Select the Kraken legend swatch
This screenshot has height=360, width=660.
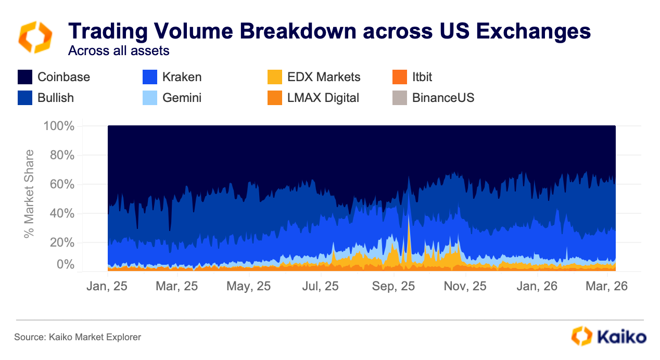150,77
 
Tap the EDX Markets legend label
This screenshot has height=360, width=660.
323,77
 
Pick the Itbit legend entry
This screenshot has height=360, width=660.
422,77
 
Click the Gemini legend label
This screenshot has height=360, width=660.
182,97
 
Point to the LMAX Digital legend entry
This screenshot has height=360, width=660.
323,97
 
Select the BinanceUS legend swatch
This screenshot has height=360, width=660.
400,97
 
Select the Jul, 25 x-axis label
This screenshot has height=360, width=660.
321,286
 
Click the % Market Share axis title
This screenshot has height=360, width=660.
30,194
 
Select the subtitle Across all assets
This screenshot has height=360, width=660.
119,51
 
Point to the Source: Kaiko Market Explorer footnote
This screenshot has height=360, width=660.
78,337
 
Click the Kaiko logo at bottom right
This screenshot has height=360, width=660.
608,336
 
